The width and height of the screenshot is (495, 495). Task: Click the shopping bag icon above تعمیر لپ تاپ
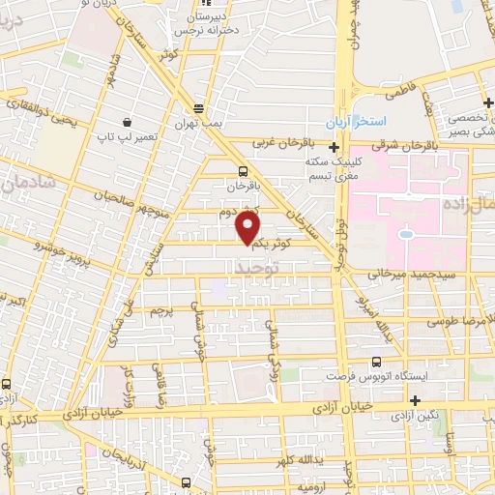click(128, 121)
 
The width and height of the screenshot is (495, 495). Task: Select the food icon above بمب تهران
click(199, 108)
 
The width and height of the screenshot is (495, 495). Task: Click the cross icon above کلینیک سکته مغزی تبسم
click(334, 148)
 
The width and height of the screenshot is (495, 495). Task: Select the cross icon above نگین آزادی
click(416, 400)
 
